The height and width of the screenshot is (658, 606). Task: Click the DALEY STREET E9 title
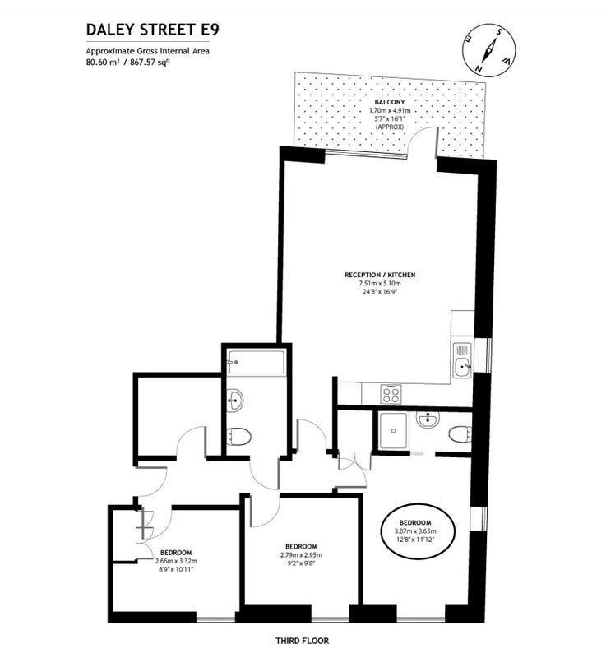153,30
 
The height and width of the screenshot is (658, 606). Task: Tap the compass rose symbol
489,50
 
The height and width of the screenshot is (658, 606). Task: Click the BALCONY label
390,102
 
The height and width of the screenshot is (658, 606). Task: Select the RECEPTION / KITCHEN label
380,275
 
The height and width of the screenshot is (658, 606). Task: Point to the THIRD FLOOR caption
302,641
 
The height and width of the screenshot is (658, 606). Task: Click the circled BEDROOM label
415,522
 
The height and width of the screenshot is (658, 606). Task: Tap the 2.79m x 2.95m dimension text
301,555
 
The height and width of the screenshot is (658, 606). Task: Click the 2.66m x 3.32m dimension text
176,561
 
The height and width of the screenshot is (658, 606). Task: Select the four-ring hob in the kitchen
391,395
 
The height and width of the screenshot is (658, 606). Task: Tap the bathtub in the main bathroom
256,362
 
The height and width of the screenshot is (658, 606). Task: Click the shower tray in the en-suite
393,430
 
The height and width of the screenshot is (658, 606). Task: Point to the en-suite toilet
460,434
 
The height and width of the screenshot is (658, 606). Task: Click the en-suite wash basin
428,419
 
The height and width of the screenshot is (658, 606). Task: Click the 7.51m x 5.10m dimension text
380,283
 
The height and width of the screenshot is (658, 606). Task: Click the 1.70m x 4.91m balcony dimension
390,110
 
